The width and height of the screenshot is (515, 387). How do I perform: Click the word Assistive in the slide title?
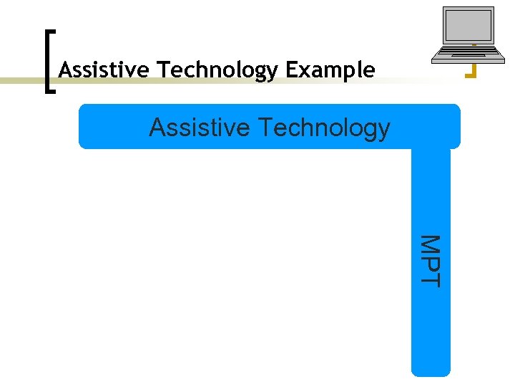(x=105, y=70)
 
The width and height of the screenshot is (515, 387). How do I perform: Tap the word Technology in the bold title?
(x=218, y=70)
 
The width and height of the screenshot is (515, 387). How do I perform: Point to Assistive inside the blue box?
(x=200, y=128)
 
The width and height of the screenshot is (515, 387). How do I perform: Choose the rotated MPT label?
(x=431, y=261)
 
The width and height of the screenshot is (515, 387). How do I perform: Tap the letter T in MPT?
(x=431, y=278)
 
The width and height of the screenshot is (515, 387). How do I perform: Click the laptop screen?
(x=469, y=26)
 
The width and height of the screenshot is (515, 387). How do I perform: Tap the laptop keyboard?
(x=466, y=51)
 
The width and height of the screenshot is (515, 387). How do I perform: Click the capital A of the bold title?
(x=65, y=70)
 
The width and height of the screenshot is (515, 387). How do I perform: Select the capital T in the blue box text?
(x=264, y=128)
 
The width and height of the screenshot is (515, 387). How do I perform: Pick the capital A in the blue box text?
(x=157, y=128)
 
